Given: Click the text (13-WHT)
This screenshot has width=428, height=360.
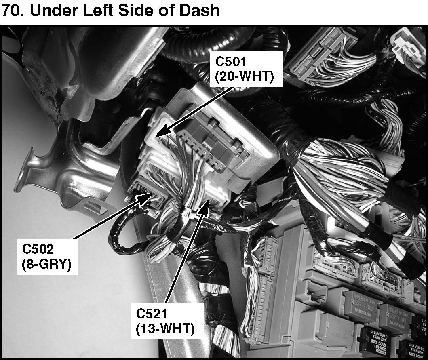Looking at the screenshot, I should click(x=165, y=328).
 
